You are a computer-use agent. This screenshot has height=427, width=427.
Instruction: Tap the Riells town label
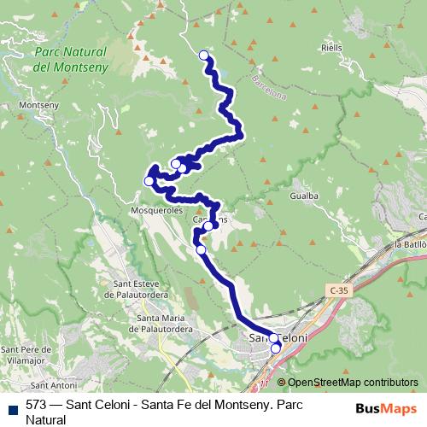click(332, 48)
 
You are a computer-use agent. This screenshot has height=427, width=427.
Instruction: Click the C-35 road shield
click(338, 291)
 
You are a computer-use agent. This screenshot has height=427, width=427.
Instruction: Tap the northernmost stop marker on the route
click(204, 56)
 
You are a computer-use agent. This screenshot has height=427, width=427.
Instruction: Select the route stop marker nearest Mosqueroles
click(149, 180)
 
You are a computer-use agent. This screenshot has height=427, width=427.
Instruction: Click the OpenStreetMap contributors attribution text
click(353, 383)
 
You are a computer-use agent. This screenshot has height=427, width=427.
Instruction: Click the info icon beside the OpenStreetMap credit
click(281, 383)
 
